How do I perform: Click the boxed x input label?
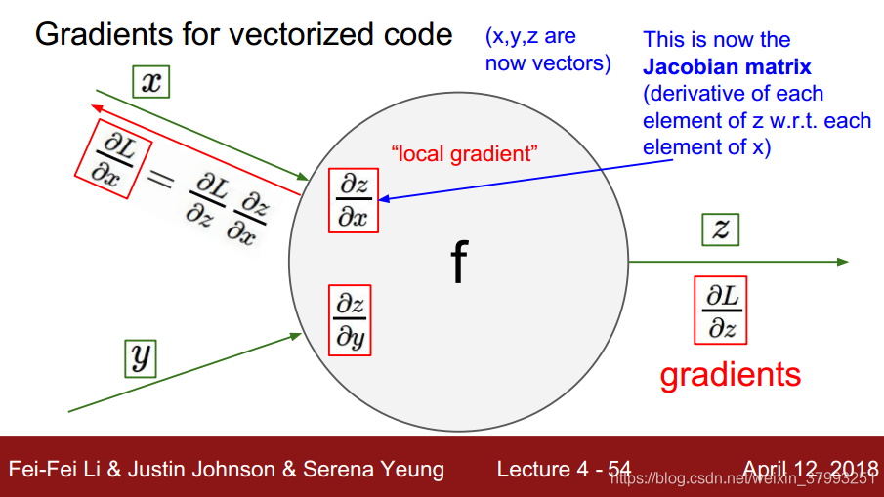151,81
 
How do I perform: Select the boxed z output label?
721,229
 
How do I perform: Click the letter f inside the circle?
458,262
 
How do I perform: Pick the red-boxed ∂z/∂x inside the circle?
353,201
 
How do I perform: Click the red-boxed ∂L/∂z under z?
721,311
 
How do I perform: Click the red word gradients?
730,374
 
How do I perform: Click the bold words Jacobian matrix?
727,67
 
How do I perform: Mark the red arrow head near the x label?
94,105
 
